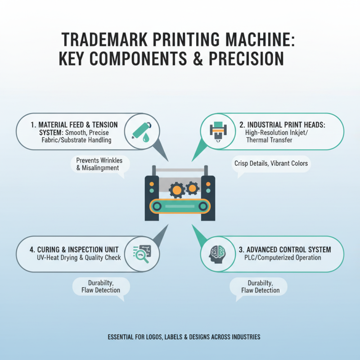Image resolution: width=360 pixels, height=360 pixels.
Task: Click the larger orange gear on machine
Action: tap(177, 190)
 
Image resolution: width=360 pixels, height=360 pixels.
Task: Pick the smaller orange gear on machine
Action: tap(193, 187)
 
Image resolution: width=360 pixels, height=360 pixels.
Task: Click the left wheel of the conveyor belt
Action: tap(157, 207)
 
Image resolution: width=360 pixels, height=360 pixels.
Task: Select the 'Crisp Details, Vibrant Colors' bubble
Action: tap(271, 163)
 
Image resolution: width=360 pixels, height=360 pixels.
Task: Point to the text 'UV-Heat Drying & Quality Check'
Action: tap(79, 258)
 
